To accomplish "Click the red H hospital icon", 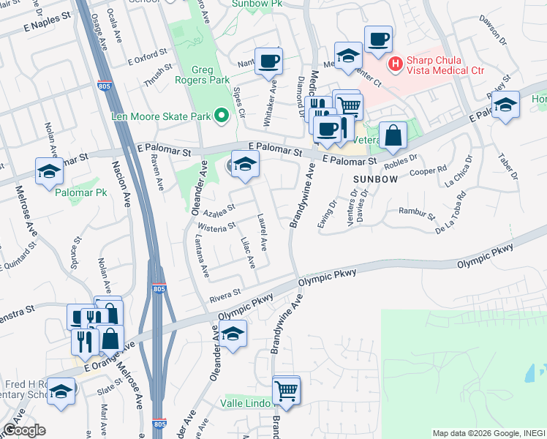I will [x=396, y=64].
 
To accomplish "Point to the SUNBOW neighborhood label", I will [x=375, y=179].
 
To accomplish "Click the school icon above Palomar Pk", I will [x=49, y=171].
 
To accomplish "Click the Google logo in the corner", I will [x=24, y=430].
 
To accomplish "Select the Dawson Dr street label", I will [x=493, y=28].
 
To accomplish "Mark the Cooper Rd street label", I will [x=432, y=170].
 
